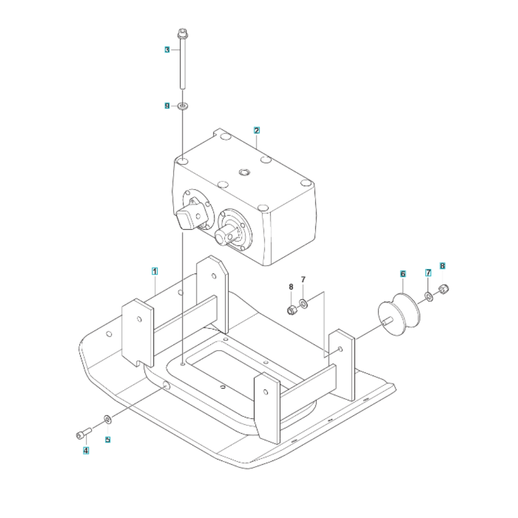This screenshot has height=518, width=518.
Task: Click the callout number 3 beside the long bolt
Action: (167, 50)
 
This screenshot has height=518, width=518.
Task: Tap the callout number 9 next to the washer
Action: (167, 106)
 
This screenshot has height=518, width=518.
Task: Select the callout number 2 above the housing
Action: (257, 130)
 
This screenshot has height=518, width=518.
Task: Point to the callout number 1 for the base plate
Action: (154, 271)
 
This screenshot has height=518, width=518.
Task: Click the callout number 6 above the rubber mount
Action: (402, 274)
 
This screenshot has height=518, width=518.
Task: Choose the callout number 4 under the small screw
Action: (86, 450)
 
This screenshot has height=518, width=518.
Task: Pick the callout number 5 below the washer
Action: (108, 440)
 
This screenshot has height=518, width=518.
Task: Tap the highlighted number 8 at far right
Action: (442, 266)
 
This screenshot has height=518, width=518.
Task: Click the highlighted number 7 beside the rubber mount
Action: (428, 273)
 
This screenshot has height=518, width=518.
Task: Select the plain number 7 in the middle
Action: (303, 280)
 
